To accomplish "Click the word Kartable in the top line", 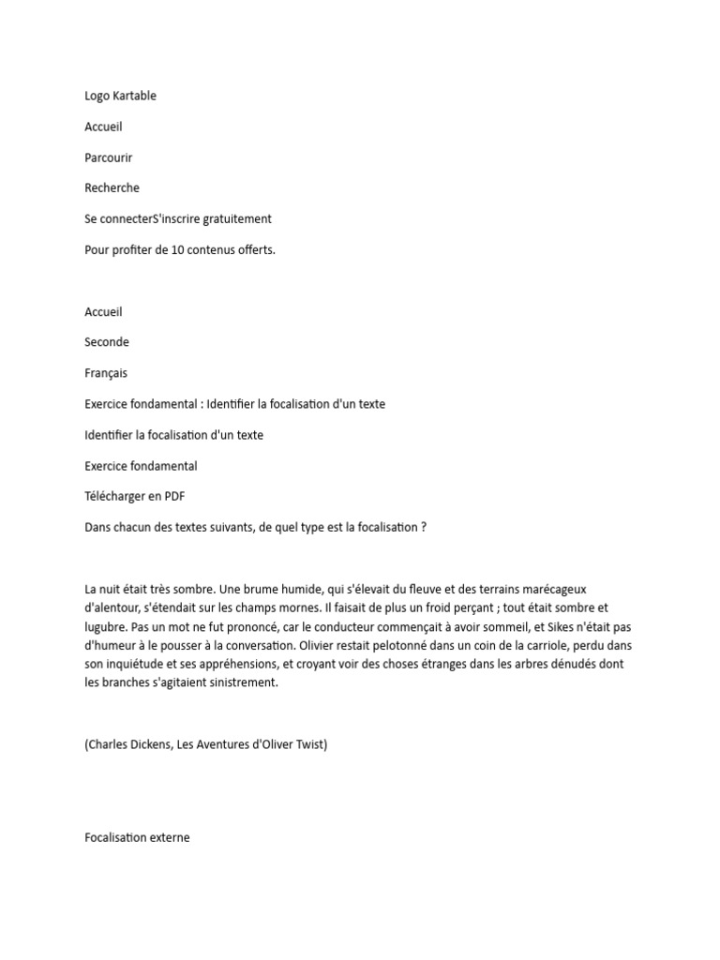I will [133, 96].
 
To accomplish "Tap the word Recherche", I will [112, 188].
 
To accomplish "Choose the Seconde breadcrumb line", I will [107, 342].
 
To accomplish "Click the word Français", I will [106, 373].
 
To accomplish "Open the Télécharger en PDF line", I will [141, 497].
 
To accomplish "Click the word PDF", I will [184, 497].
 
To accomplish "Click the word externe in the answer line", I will [168, 837].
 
